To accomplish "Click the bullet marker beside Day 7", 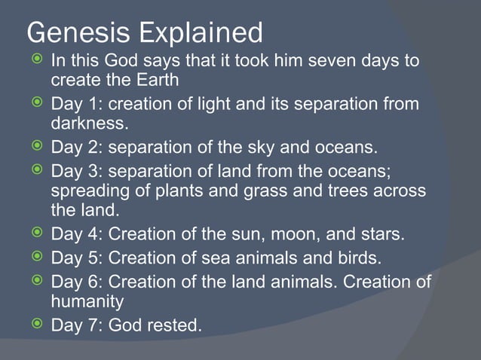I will click(x=35, y=325).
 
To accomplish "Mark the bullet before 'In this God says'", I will click(x=35, y=59).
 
